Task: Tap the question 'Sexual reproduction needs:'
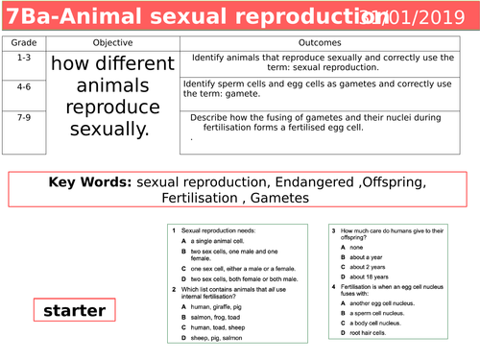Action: click(212, 231)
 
